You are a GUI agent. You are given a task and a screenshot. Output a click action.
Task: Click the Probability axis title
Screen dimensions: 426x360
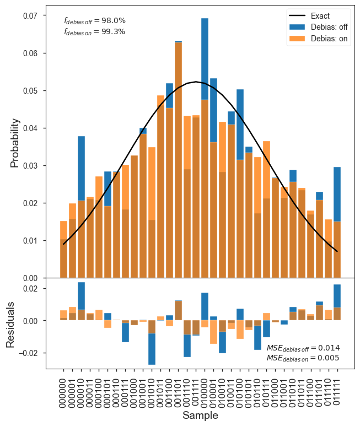[15, 143]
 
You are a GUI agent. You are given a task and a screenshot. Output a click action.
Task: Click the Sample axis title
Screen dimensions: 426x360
[200, 415]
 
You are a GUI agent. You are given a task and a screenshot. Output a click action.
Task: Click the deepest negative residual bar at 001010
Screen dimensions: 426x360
[152, 349]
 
